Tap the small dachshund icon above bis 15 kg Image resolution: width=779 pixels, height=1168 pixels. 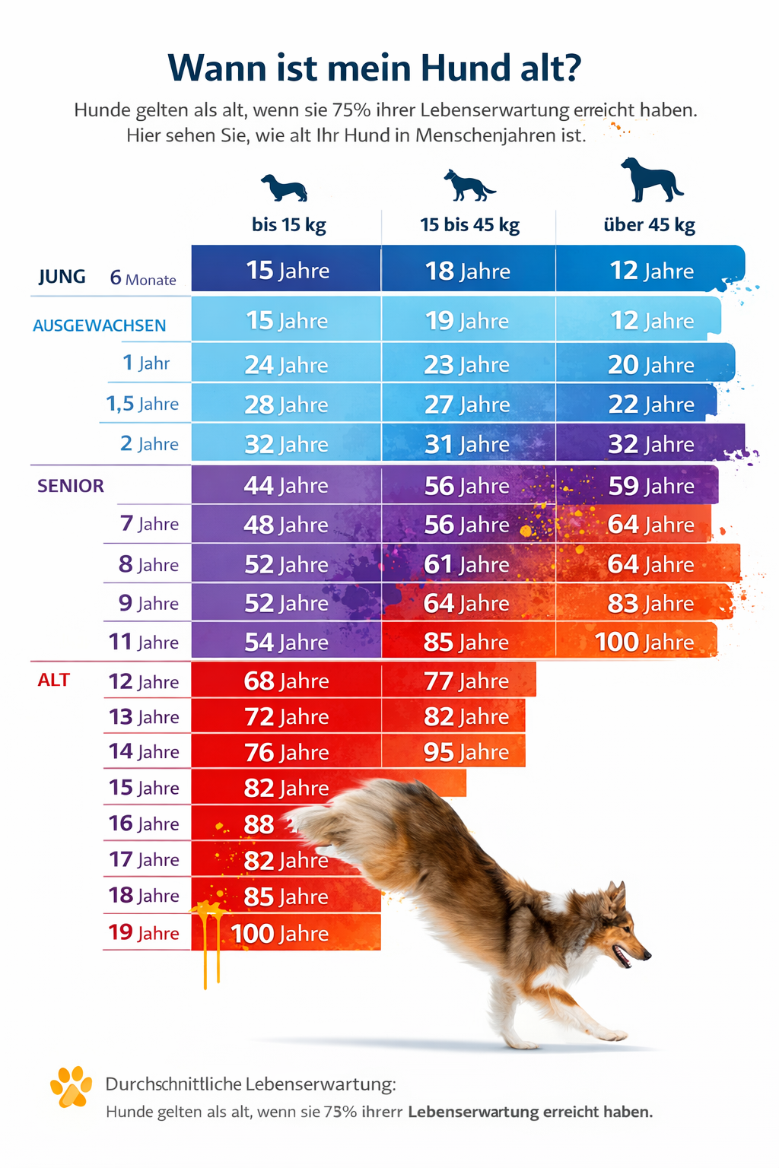pyautogui.click(x=284, y=187)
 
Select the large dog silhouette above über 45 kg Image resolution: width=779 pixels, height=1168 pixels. pyautogui.click(x=650, y=180)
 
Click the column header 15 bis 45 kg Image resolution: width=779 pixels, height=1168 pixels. pyautogui.click(x=469, y=225)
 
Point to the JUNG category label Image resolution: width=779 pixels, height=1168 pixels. pyautogui.click(x=62, y=277)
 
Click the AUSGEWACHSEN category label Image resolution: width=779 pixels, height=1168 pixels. pyautogui.click(x=99, y=325)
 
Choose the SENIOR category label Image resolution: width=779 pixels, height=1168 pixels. pyautogui.click(x=71, y=486)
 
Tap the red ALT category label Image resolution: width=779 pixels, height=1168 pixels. pyautogui.click(x=54, y=680)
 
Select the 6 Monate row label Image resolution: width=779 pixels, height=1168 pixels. pyautogui.click(x=143, y=278)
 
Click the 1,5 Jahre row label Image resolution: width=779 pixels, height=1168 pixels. pyautogui.click(x=142, y=404)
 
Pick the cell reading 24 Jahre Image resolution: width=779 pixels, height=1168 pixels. pyautogui.click(x=286, y=365)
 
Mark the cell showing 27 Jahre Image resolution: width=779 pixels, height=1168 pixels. pyautogui.click(x=467, y=405)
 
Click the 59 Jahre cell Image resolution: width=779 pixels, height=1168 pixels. pyautogui.click(x=651, y=486)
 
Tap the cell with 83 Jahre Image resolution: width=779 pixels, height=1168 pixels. pyautogui.click(x=651, y=603)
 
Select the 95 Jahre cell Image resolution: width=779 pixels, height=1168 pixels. pyautogui.click(x=466, y=752)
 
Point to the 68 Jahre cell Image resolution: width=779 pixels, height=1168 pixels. pyautogui.click(x=286, y=681)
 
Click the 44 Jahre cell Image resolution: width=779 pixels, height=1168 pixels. pyautogui.click(x=286, y=485)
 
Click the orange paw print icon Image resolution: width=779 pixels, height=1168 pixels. pyautogui.click(x=71, y=1087)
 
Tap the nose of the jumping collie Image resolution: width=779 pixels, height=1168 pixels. pyautogui.click(x=647, y=954)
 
